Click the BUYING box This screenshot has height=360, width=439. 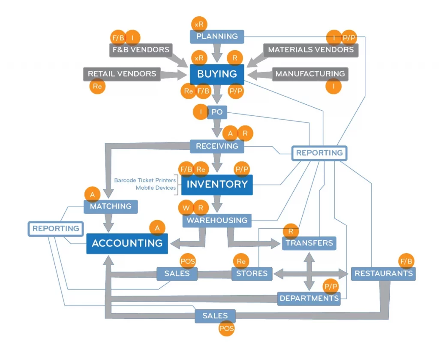click(x=217, y=74)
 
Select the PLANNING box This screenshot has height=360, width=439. click(x=217, y=36)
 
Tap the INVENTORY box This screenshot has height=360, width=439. click(x=217, y=185)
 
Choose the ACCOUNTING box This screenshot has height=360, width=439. click(x=127, y=243)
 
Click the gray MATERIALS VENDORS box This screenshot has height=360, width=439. click(x=311, y=50)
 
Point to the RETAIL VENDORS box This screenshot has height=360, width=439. click(x=122, y=74)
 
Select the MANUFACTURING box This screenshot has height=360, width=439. click(x=310, y=74)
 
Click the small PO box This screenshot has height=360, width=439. click(x=217, y=112)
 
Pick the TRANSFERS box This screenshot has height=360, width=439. click(x=309, y=243)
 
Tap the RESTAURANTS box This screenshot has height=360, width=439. click(x=383, y=274)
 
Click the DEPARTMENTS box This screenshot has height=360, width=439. click(x=309, y=298)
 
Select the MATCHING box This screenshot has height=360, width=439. click(x=111, y=206)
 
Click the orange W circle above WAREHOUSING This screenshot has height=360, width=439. click(x=186, y=208)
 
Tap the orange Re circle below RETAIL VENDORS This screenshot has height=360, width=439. click(x=98, y=86)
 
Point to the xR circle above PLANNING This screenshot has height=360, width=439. click(x=199, y=24)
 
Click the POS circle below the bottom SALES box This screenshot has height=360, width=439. click(x=226, y=329)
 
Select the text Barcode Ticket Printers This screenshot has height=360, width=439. click(x=145, y=181)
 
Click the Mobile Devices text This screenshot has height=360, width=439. click(x=156, y=188)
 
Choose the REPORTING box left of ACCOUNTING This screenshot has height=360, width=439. click(x=56, y=229)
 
